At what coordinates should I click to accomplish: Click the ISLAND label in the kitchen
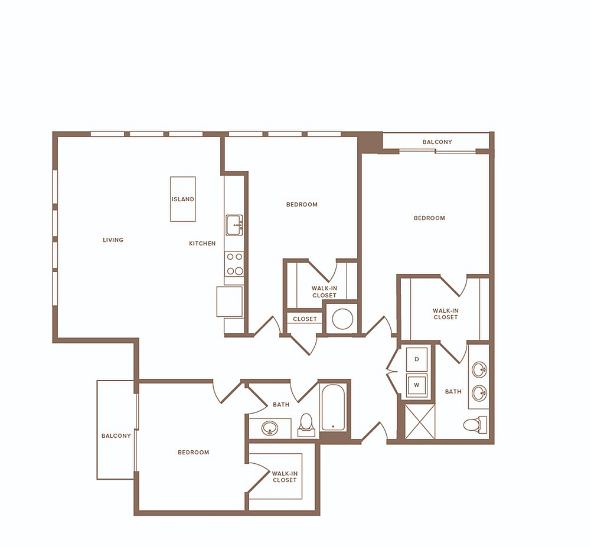183,199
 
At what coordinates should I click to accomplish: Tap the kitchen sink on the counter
234,225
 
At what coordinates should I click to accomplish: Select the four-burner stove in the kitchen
234,264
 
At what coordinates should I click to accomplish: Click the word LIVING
113,240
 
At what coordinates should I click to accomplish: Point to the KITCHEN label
203,243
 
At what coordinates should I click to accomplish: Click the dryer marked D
416,359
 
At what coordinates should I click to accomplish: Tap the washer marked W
416,385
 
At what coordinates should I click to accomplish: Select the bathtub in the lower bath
333,407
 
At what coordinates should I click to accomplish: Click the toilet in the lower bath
306,425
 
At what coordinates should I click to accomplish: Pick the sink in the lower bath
270,428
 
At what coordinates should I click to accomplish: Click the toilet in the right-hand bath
475,425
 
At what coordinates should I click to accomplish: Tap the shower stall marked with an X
420,421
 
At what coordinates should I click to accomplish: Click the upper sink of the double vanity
479,369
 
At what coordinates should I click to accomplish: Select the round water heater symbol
342,319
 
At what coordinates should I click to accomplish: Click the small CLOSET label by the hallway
305,319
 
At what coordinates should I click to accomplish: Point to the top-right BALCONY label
437,142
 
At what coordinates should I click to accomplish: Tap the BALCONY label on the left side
116,436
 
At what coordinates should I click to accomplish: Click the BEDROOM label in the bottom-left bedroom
193,452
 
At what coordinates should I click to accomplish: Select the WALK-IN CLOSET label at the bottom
285,477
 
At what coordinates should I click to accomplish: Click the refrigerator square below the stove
230,302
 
